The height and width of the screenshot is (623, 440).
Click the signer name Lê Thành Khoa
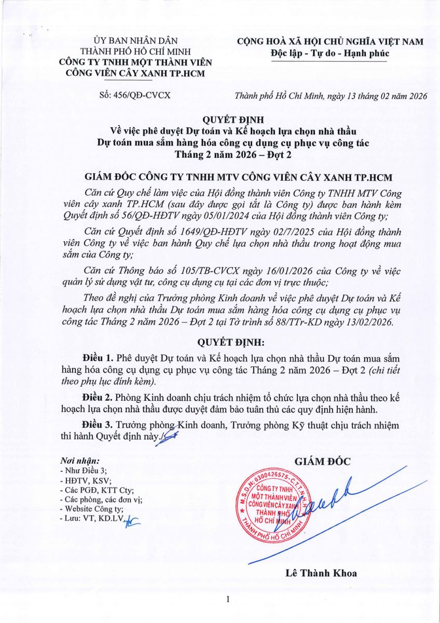point(321,573)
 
